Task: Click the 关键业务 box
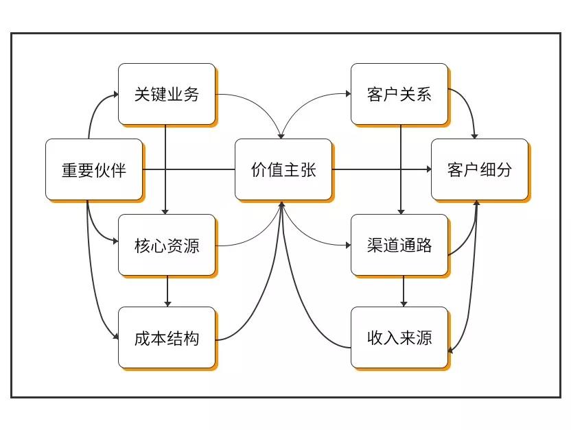coord(167,94)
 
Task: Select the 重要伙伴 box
coord(94,169)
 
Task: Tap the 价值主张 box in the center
coord(283,169)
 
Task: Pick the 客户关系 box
coord(399,94)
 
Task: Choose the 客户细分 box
coord(479,169)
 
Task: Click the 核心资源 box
coord(167,245)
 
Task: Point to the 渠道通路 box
coord(399,245)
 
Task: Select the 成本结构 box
coord(167,337)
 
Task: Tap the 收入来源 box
coord(399,337)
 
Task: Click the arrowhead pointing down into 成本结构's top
coord(167,303)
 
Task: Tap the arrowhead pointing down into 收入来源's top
coord(403,303)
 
